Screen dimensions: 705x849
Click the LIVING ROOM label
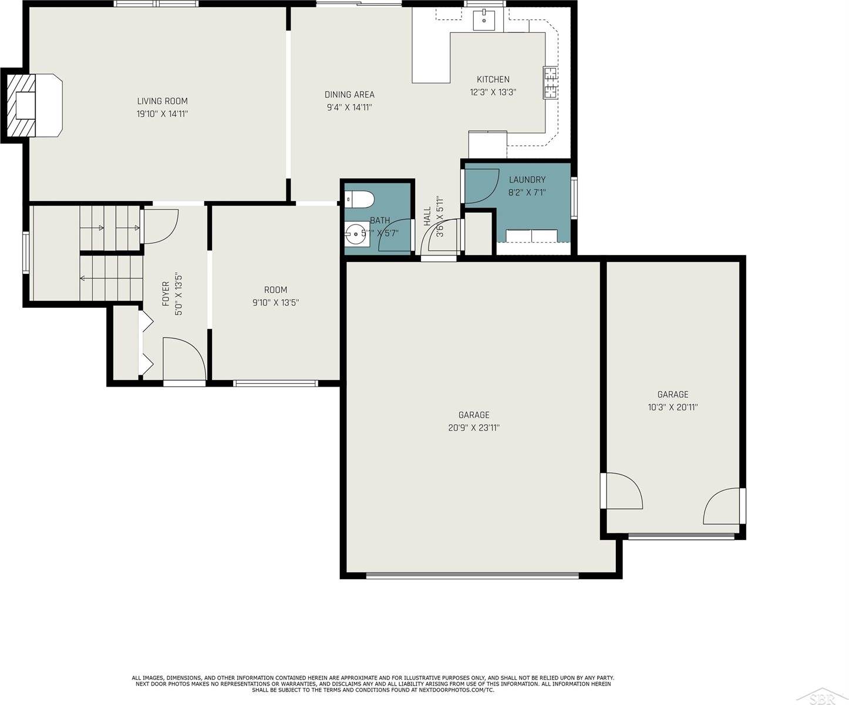point(162,101)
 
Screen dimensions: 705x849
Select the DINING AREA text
point(349,95)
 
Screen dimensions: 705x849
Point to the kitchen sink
point(484,19)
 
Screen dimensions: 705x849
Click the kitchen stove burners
point(551,83)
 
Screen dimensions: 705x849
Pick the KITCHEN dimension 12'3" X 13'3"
point(493,92)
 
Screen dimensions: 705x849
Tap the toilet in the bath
point(361,200)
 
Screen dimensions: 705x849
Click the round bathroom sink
point(356,236)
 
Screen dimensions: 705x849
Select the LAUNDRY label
point(527,180)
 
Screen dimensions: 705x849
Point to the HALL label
point(427,216)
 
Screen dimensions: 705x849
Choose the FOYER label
point(166,293)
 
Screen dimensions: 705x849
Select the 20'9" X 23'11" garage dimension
point(473,428)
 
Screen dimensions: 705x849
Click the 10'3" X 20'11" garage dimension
point(672,407)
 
